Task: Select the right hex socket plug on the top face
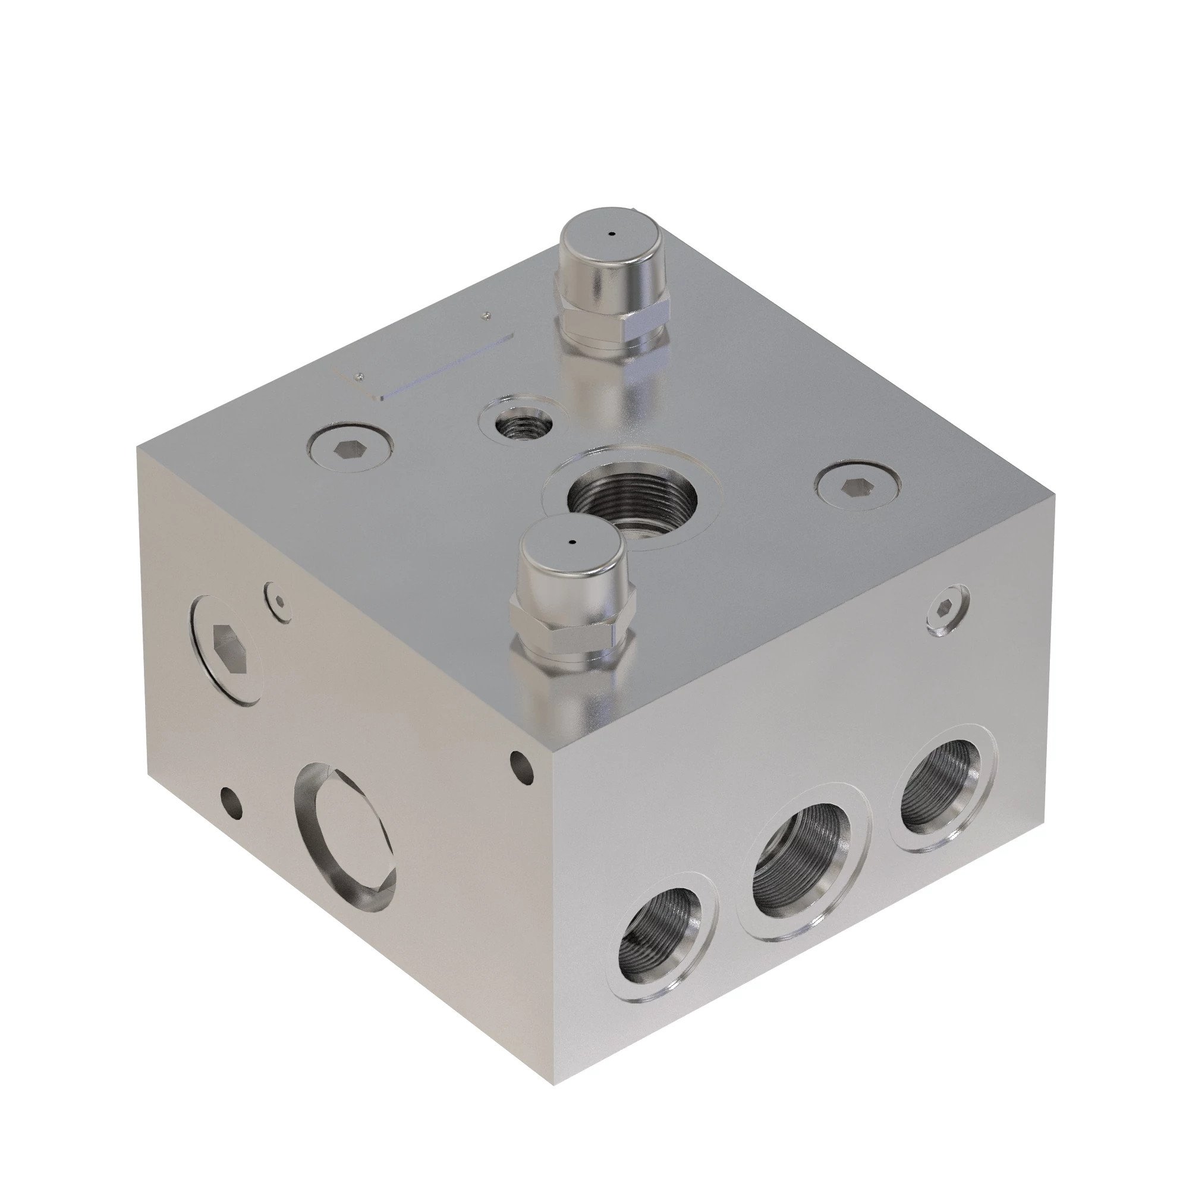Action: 857,487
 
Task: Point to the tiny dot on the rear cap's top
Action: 611,233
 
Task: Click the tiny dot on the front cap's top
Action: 573,542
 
